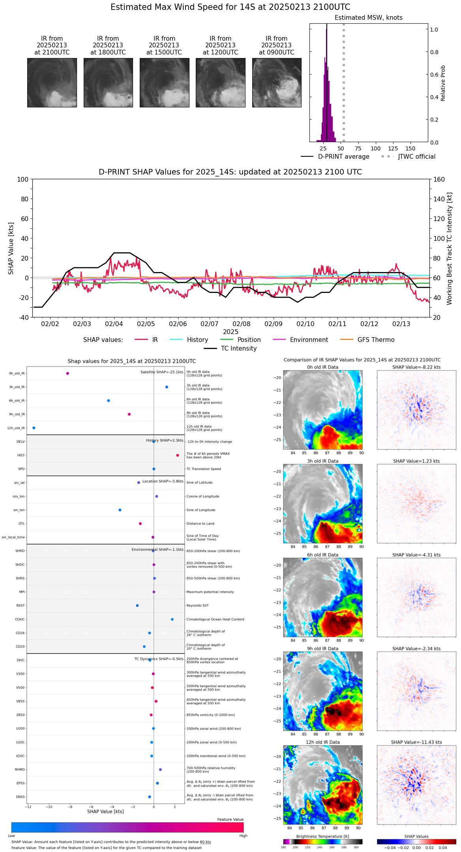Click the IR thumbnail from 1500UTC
164,83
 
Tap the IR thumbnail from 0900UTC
277,83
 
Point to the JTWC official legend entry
416,157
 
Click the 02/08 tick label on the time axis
242,324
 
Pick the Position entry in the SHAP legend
249,340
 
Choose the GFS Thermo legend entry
376,340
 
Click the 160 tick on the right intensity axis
439,179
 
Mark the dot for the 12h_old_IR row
34,428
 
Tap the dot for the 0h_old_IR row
67,373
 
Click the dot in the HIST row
178,455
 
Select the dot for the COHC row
172,619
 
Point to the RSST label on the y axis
20,606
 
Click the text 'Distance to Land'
200,524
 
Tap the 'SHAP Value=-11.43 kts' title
416,742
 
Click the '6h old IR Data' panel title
322,555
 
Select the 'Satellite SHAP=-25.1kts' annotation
162,372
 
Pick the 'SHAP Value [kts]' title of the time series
11,248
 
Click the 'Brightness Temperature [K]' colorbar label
322,836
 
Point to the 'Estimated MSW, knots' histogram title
368,18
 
